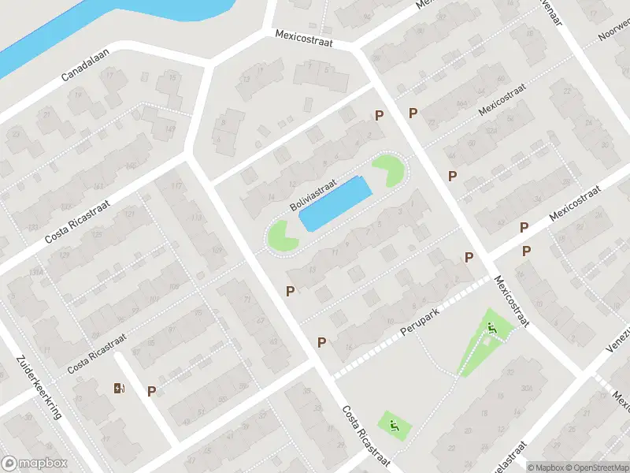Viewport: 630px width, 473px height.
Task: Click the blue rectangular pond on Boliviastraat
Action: click(x=335, y=203)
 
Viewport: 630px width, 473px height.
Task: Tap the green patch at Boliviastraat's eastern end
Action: click(x=389, y=170)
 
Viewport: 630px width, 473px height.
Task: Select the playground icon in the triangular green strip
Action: click(x=493, y=330)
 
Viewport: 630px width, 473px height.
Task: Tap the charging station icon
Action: click(x=119, y=388)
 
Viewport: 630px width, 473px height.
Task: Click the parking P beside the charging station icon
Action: click(x=151, y=391)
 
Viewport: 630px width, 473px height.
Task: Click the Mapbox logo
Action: click(x=34, y=464)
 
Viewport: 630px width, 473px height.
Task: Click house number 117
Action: click(x=176, y=186)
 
